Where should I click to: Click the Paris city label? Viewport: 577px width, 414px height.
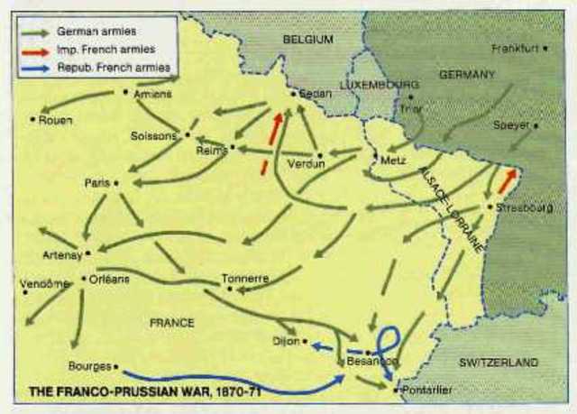click(x=96, y=182)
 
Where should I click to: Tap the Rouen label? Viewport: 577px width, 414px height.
click(x=57, y=119)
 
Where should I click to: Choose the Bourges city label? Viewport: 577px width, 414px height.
click(x=88, y=366)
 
